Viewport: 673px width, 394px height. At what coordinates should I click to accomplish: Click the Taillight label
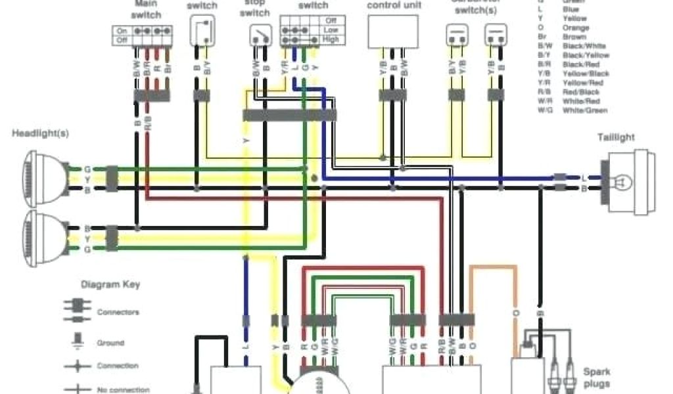[616, 137]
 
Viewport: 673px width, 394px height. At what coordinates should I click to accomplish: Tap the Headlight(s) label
[40, 133]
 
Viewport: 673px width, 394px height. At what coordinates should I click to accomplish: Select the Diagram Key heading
[110, 285]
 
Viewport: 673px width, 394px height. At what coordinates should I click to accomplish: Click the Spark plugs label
[596, 378]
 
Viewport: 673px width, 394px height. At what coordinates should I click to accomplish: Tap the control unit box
[392, 32]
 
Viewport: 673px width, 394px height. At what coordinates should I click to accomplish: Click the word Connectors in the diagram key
[118, 313]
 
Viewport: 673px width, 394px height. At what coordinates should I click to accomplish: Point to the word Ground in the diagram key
[110, 343]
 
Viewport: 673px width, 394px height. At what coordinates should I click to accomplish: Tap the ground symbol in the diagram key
[78, 341]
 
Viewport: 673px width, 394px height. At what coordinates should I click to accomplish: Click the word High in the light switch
[330, 39]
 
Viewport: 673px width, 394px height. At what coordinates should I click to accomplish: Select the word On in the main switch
[122, 31]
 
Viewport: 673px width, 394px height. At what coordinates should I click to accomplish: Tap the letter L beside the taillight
[584, 177]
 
